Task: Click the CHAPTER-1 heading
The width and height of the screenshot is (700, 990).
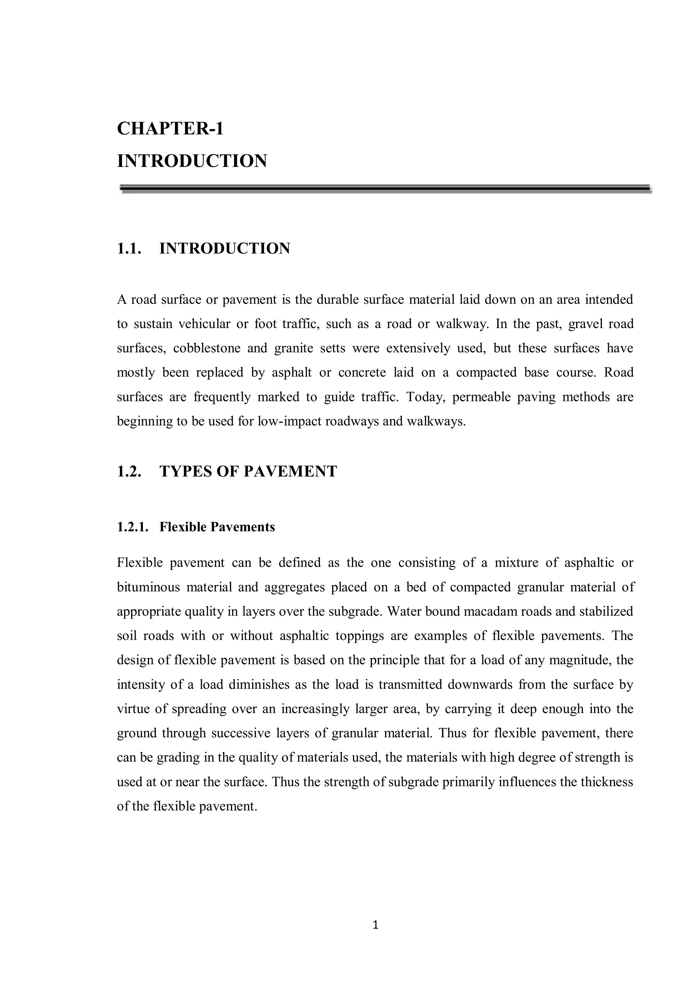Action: tap(170, 129)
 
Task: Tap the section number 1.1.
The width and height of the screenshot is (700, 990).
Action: tap(129, 249)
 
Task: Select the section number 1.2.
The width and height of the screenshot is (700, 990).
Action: tap(129, 471)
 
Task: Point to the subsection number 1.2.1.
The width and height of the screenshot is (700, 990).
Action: tap(133, 527)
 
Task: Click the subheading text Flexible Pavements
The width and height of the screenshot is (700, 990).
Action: tap(217, 527)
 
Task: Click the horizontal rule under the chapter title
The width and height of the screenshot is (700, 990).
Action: tap(386, 189)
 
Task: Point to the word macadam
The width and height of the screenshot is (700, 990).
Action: tap(510, 612)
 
